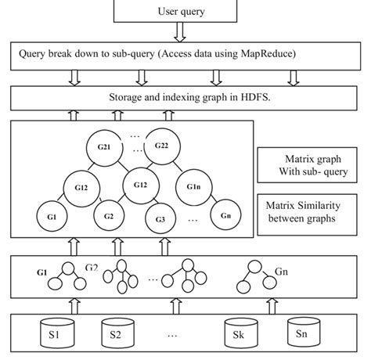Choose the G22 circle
[162, 145]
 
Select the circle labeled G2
[108, 216]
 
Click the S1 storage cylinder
[58, 335]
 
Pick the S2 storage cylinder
[116, 335]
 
